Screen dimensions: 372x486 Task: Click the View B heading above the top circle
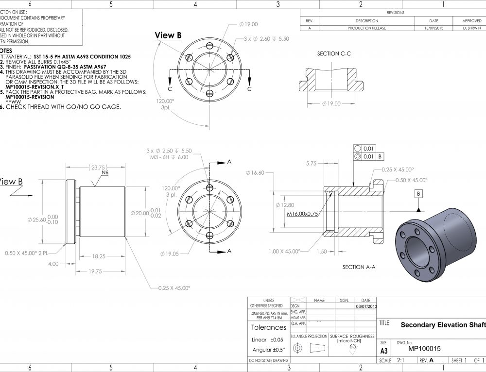(168, 35)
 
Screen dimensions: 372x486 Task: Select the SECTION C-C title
(334, 53)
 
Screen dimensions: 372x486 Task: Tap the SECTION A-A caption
(359, 267)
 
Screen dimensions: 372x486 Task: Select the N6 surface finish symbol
(104, 173)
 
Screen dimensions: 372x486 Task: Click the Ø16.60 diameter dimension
(255, 173)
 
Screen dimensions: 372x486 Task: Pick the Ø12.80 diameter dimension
(284, 205)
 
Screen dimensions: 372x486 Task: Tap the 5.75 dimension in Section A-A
(312, 164)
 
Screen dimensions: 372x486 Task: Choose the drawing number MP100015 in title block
(424, 348)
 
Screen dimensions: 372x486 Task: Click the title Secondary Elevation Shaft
(442, 325)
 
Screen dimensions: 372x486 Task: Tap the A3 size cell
(384, 351)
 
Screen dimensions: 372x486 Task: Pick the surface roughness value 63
(352, 346)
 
